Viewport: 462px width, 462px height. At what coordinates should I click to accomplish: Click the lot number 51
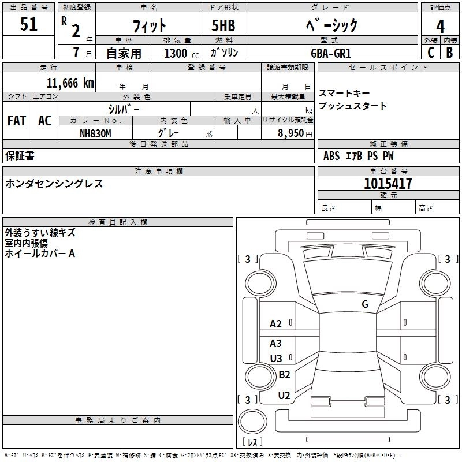tap(28, 24)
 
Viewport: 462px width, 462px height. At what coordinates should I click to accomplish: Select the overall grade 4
tap(440, 27)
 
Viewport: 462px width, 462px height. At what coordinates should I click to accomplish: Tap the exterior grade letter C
tap(431, 53)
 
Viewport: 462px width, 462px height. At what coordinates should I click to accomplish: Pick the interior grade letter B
tap(449, 53)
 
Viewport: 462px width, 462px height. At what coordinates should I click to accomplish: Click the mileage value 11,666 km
tap(70, 83)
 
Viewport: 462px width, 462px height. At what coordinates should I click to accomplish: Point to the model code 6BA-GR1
tap(331, 53)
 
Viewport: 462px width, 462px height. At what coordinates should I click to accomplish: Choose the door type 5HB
tap(223, 25)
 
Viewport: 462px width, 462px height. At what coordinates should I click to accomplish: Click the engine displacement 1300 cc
tap(181, 53)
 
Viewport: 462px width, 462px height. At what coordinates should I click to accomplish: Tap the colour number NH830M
tap(95, 133)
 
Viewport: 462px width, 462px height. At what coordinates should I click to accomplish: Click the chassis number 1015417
tap(388, 184)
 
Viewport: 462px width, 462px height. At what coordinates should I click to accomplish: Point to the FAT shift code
tap(17, 121)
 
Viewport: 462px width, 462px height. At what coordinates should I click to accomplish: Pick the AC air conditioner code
tap(44, 121)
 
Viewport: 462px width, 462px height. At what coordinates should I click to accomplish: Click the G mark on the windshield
tap(365, 304)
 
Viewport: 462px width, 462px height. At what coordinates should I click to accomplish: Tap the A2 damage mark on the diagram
tap(275, 324)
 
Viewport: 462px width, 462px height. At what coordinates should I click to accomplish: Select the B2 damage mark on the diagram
tap(284, 374)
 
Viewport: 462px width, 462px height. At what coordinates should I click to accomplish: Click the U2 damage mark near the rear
tap(284, 396)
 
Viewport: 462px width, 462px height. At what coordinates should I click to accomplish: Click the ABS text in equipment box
tap(331, 156)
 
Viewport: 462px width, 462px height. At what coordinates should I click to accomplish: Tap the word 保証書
tap(20, 156)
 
